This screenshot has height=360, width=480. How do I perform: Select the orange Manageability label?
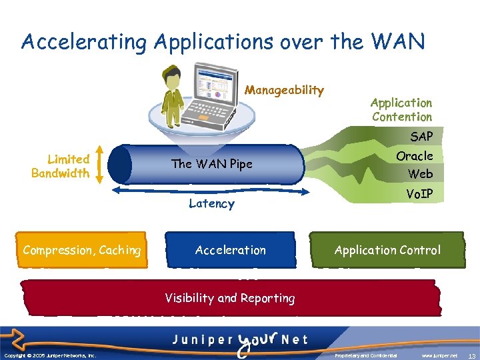pos(284,90)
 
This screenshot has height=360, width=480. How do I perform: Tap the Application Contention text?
pos(401,109)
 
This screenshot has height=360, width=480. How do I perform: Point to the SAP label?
pos(421,137)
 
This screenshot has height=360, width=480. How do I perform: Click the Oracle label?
pos(415,156)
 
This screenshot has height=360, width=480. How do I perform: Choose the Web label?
pos(420,174)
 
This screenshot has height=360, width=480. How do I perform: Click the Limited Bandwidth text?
pos(61,166)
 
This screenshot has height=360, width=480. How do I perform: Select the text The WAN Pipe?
pos(211,164)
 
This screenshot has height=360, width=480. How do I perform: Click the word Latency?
pos(211,204)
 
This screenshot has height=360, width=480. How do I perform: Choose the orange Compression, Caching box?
pos(82,251)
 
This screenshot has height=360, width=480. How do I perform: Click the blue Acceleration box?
pos(230,251)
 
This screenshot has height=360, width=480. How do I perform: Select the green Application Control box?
pos(387,251)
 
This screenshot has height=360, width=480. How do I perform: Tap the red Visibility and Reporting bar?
pos(230,298)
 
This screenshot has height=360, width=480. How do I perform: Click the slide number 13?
pos(471,356)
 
